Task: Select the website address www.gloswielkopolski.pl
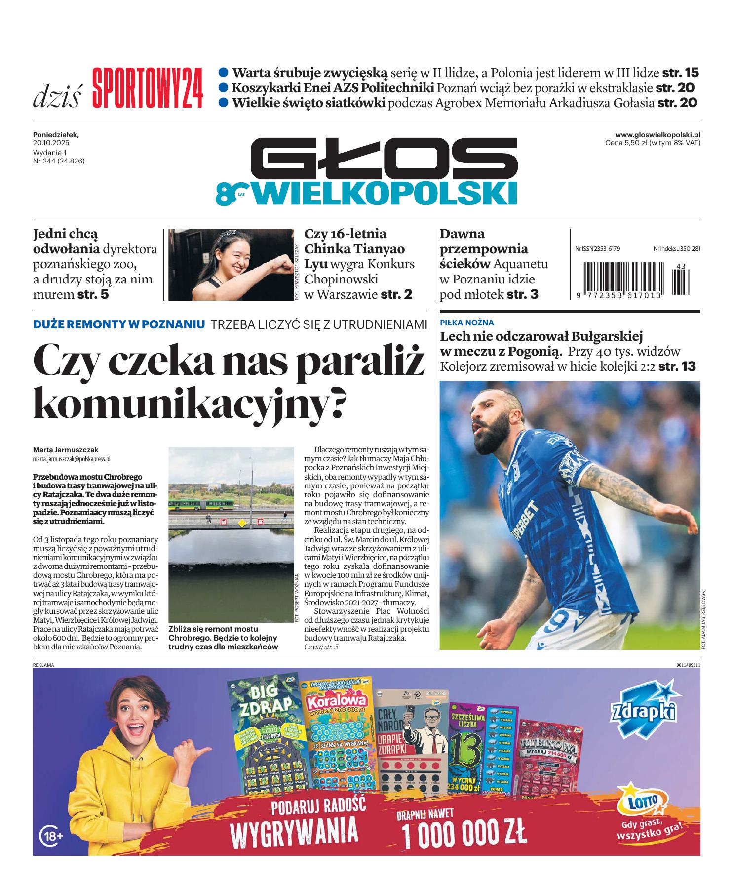[x=657, y=134]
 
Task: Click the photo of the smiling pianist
[x=230, y=264]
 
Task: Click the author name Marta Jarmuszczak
[x=66, y=450]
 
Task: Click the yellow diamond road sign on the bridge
[x=242, y=522]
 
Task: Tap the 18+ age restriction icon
[x=51, y=836]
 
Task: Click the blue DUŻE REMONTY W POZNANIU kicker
[x=118, y=324]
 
